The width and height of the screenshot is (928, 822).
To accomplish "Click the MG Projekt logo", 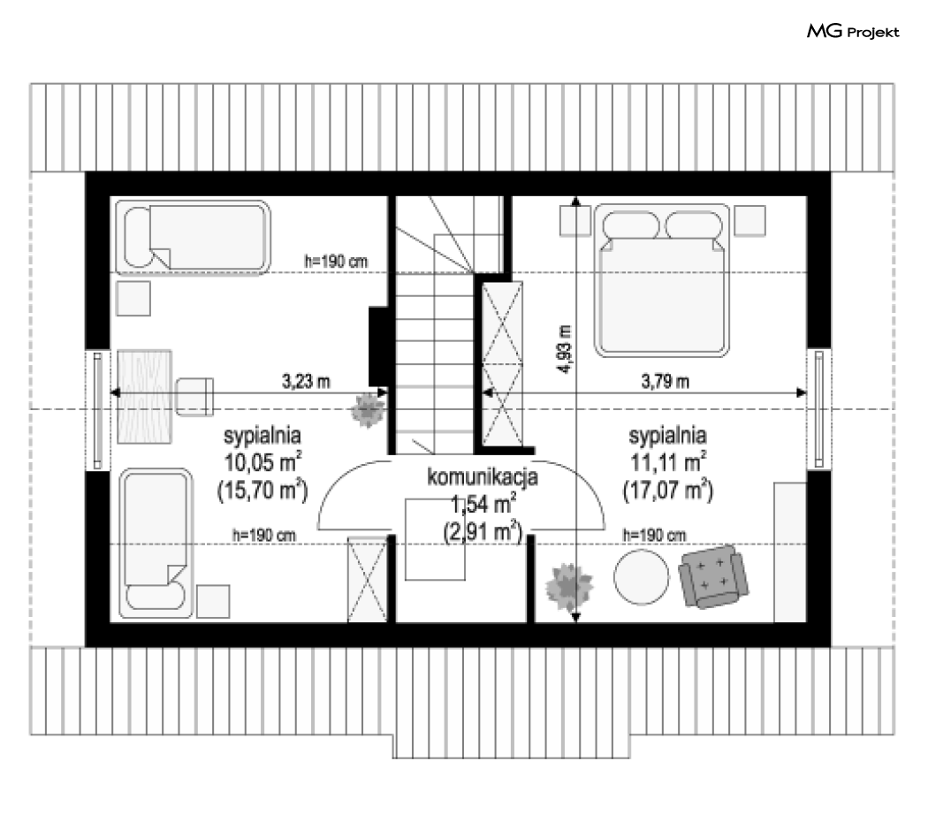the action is tap(853, 31).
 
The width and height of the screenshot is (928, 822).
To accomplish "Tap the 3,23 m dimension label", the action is tap(306, 382).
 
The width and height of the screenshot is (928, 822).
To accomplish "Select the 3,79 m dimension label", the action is tap(666, 382).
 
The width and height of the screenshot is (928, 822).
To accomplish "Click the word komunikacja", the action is tap(483, 477).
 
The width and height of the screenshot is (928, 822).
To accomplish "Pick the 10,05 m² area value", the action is tap(262, 462).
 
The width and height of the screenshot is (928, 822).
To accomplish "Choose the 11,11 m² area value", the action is tap(667, 462).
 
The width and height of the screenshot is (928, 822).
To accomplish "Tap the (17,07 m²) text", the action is tap(667, 491).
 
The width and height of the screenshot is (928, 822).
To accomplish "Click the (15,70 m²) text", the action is tap(262, 491).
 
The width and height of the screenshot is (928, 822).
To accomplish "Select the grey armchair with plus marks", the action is tap(713, 577).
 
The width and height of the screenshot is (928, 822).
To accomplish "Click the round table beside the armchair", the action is tap(642, 577).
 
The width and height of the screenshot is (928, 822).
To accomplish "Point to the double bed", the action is tap(662, 280).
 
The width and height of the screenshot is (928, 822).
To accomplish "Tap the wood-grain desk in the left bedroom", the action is tap(144, 397).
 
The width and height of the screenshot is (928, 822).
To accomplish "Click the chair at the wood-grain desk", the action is tap(194, 397).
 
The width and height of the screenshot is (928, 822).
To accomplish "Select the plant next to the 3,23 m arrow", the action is tap(368, 409).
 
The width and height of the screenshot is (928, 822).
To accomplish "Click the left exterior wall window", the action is tap(98, 409).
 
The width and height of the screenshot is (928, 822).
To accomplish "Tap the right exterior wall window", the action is tap(819, 408).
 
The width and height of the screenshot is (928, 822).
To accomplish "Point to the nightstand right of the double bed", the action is tap(749, 221).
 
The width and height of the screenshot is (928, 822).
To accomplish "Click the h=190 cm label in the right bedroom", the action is tap(654, 535).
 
